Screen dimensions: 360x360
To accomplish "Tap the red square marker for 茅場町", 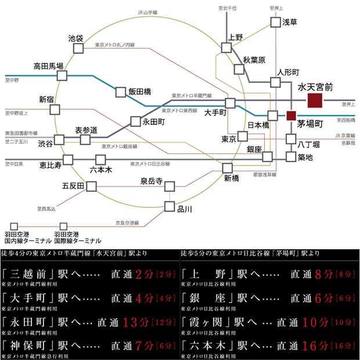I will pos(291,116).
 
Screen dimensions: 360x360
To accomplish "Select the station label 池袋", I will pos(75,38).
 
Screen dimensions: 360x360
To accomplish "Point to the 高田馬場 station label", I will pos(48,66).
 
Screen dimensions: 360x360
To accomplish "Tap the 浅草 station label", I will pos(289,22).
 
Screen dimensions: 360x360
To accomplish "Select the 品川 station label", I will pos(184,209).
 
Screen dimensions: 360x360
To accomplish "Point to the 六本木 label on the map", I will pos(101,171).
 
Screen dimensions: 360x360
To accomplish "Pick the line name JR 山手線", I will pos(149,12).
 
